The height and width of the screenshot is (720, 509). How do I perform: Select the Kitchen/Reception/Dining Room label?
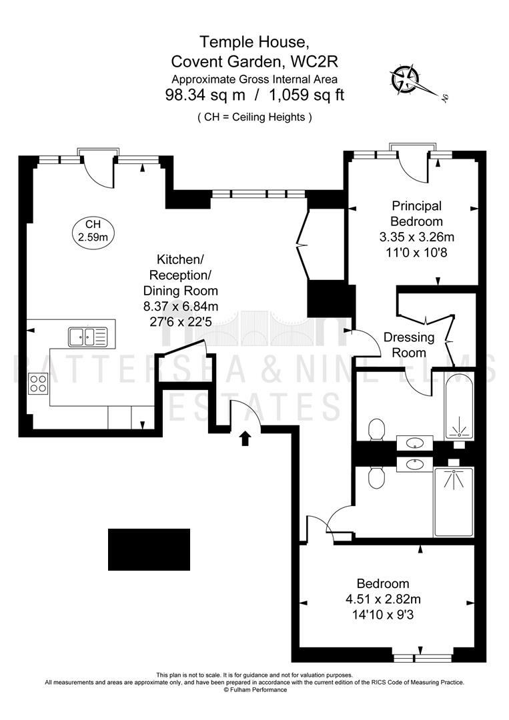pyautogui.click(x=181, y=275)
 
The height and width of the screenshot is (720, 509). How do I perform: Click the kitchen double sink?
pyautogui.click(x=88, y=337)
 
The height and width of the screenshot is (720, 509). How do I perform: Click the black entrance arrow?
pyautogui.click(x=245, y=438)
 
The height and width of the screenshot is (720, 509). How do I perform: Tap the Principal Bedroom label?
pyautogui.click(x=417, y=213)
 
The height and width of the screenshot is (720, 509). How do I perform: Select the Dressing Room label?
pyautogui.click(x=409, y=345)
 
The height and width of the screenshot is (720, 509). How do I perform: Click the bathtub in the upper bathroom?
pyautogui.click(x=458, y=407)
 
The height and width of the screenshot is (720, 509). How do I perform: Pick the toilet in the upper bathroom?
pyautogui.click(x=376, y=429)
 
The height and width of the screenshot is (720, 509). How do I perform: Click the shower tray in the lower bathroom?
pyautogui.click(x=454, y=502)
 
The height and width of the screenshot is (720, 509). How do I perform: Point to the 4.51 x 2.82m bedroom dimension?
pyautogui.click(x=383, y=599)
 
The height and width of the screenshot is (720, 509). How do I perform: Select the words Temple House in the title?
pyautogui.click(x=253, y=42)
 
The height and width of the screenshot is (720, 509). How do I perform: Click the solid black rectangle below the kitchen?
pyautogui.click(x=149, y=549)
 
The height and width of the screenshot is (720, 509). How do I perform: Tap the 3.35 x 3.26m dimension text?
pyautogui.click(x=417, y=237)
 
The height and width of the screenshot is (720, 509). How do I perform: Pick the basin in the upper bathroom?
pyautogui.click(x=415, y=443)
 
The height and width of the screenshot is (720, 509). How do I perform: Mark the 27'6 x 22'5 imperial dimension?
pyautogui.click(x=181, y=322)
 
